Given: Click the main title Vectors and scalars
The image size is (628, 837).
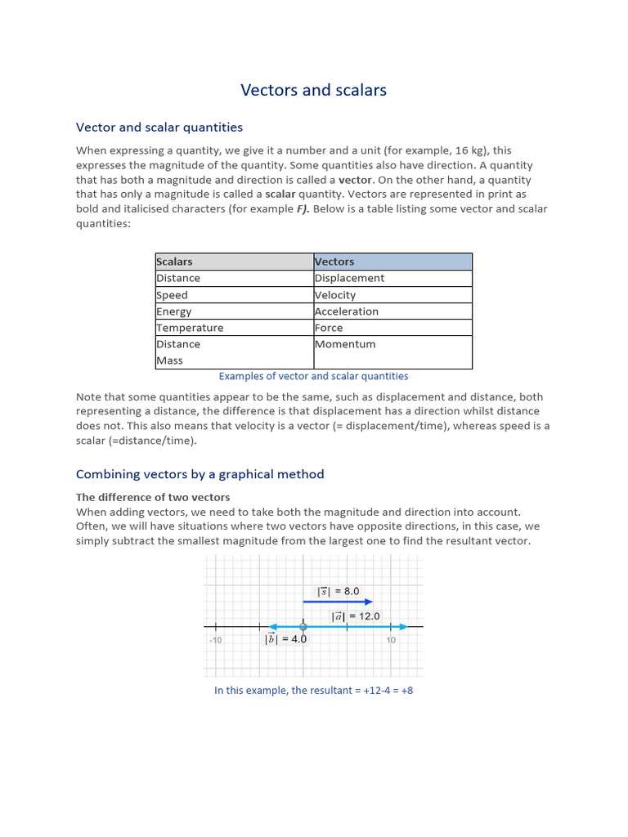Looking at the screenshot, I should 313,90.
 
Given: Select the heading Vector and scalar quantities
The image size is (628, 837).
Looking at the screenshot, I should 159,128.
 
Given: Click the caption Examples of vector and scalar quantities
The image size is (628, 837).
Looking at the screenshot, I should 313,376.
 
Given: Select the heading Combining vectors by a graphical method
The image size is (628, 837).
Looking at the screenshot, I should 200,474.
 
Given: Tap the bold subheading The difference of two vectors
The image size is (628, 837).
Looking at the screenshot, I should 153,497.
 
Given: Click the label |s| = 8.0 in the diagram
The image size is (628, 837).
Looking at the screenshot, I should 339,591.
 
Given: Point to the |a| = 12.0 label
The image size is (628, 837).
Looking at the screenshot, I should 355,616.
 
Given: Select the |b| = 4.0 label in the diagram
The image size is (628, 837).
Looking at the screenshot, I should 285,639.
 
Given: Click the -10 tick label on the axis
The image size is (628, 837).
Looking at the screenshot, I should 215,640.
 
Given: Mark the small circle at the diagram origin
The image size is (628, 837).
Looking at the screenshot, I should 303,627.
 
